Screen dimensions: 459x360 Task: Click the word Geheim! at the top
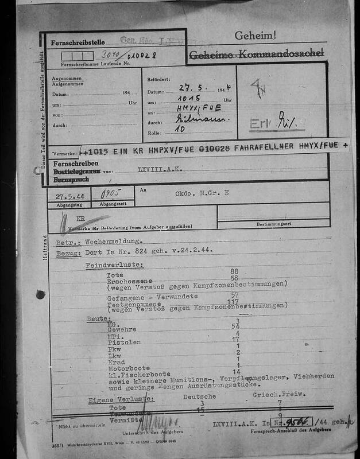(x=255, y=36)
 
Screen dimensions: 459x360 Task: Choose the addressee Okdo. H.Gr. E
(x=202, y=193)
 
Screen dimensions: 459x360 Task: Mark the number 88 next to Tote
(x=234, y=271)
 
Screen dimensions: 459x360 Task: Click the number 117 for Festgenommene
(x=233, y=301)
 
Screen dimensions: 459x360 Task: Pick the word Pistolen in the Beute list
(x=124, y=343)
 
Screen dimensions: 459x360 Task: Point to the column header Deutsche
(x=199, y=396)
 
